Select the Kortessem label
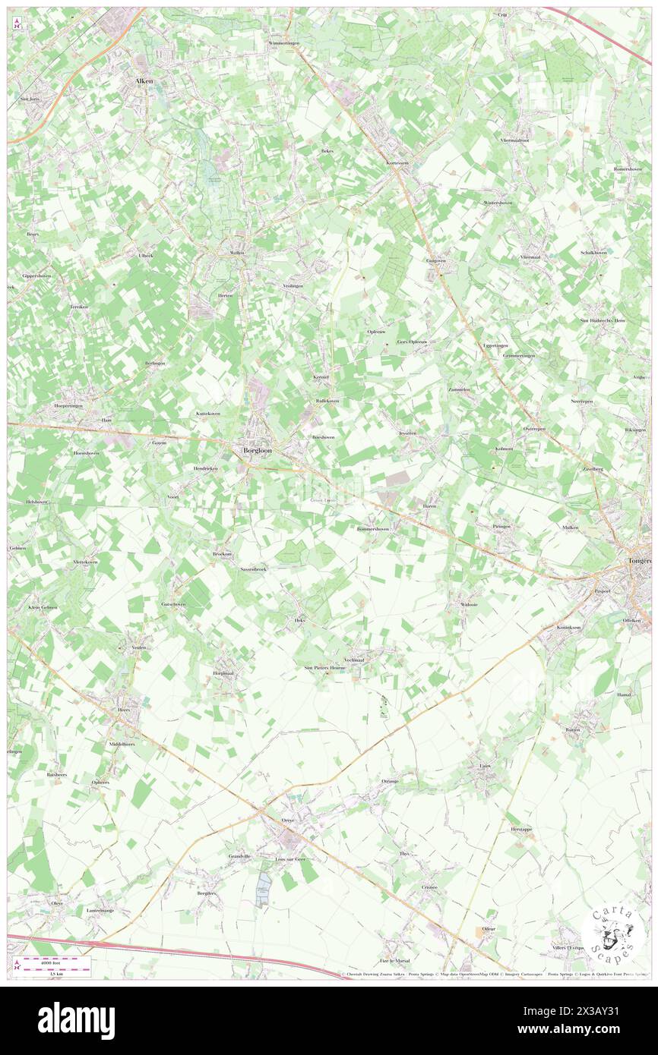point(397,162)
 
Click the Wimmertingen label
point(283,43)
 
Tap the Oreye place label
point(287,820)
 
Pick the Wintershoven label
point(498,203)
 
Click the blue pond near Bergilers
point(264,887)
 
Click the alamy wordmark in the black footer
point(76,1020)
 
